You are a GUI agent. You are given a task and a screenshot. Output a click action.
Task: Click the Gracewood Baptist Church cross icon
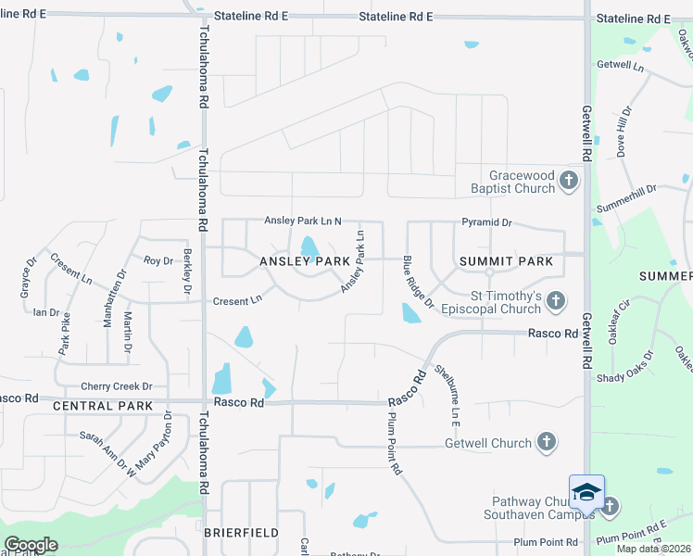(x=569, y=180)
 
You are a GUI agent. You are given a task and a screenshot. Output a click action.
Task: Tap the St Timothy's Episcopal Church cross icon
(x=555, y=300)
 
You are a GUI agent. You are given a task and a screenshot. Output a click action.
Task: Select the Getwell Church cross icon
(x=547, y=442)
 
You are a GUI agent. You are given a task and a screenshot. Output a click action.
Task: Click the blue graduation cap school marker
(x=586, y=491)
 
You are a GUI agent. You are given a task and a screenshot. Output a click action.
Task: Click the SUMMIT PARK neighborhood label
(x=506, y=261)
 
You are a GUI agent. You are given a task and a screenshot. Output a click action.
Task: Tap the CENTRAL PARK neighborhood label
(x=103, y=406)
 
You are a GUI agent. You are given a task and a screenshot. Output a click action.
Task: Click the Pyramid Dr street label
(x=487, y=223)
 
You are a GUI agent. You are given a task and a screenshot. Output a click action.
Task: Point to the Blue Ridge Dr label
(x=418, y=284)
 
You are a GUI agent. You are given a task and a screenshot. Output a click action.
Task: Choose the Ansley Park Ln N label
(x=303, y=221)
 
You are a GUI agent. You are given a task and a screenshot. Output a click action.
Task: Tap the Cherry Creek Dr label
(x=116, y=385)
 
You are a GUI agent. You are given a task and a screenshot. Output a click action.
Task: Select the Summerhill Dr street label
(x=626, y=197)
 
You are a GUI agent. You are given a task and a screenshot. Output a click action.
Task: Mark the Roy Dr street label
(x=158, y=260)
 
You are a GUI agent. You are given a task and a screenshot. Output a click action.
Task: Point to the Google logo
(x=31, y=545)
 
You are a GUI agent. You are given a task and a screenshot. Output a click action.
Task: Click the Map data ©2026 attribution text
(x=654, y=549)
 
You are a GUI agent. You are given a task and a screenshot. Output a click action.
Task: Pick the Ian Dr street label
(x=45, y=312)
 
